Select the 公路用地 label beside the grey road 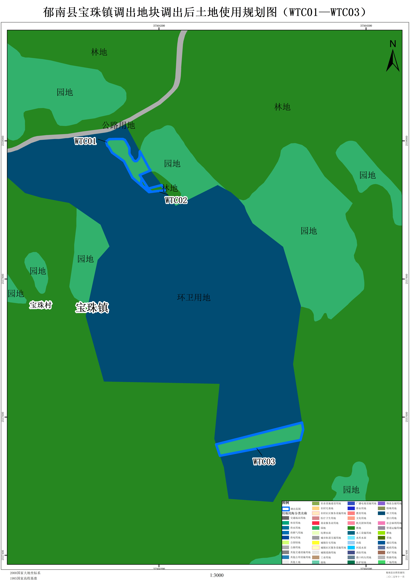coord(118,125)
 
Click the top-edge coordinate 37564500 coord(366,26)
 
